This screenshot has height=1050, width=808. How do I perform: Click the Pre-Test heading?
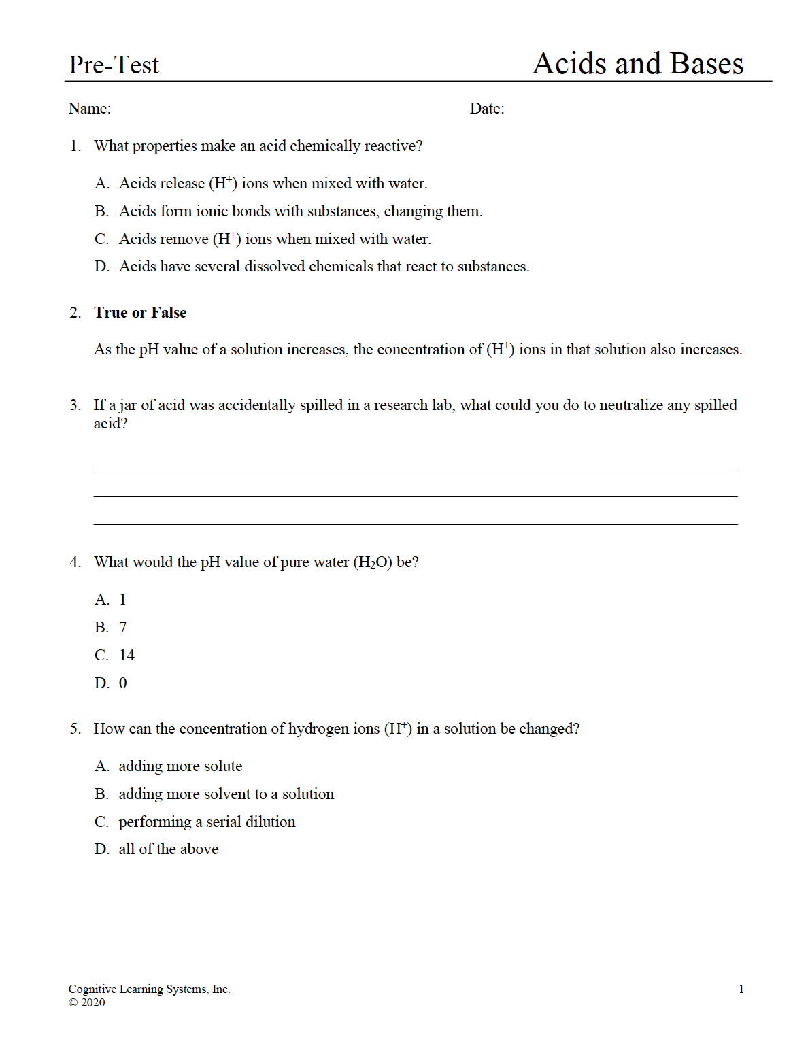pyautogui.click(x=114, y=65)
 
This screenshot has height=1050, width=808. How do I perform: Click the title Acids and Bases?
pyautogui.click(x=637, y=64)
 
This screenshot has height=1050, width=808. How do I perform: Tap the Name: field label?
pyautogui.click(x=89, y=109)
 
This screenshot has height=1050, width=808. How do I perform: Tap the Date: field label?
pyautogui.click(x=487, y=109)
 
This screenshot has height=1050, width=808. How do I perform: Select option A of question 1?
pyautogui.click(x=272, y=184)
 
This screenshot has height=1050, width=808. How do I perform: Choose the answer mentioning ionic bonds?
pyautogui.click(x=300, y=211)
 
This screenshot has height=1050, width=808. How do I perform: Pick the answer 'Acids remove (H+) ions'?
pyautogui.click(x=274, y=239)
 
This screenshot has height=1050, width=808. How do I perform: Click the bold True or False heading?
pyautogui.click(x=140, y=313)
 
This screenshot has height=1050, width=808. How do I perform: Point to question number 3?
pyautogui.click(x=75, y=405)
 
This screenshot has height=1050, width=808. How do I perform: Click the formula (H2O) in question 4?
pyautogui.click(x=373, y=562)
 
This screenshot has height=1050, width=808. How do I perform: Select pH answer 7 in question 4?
pyautogui.click(x=122, y=628)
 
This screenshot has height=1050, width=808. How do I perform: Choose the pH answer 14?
pyautogui.click(x=127, y=656)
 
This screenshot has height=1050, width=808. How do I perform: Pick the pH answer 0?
pyautogui.click(x=122, y=683)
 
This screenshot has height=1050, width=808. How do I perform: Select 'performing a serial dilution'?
pyautogui.click(x=207, y=822)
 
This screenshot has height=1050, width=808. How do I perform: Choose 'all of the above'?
pyautogui.click(x=168, y=849)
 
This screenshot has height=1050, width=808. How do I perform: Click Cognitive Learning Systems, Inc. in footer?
pyautogui.click(x=149, y=989)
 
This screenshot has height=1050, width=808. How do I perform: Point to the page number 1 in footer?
pyautogui.click(x=741, y=989)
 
